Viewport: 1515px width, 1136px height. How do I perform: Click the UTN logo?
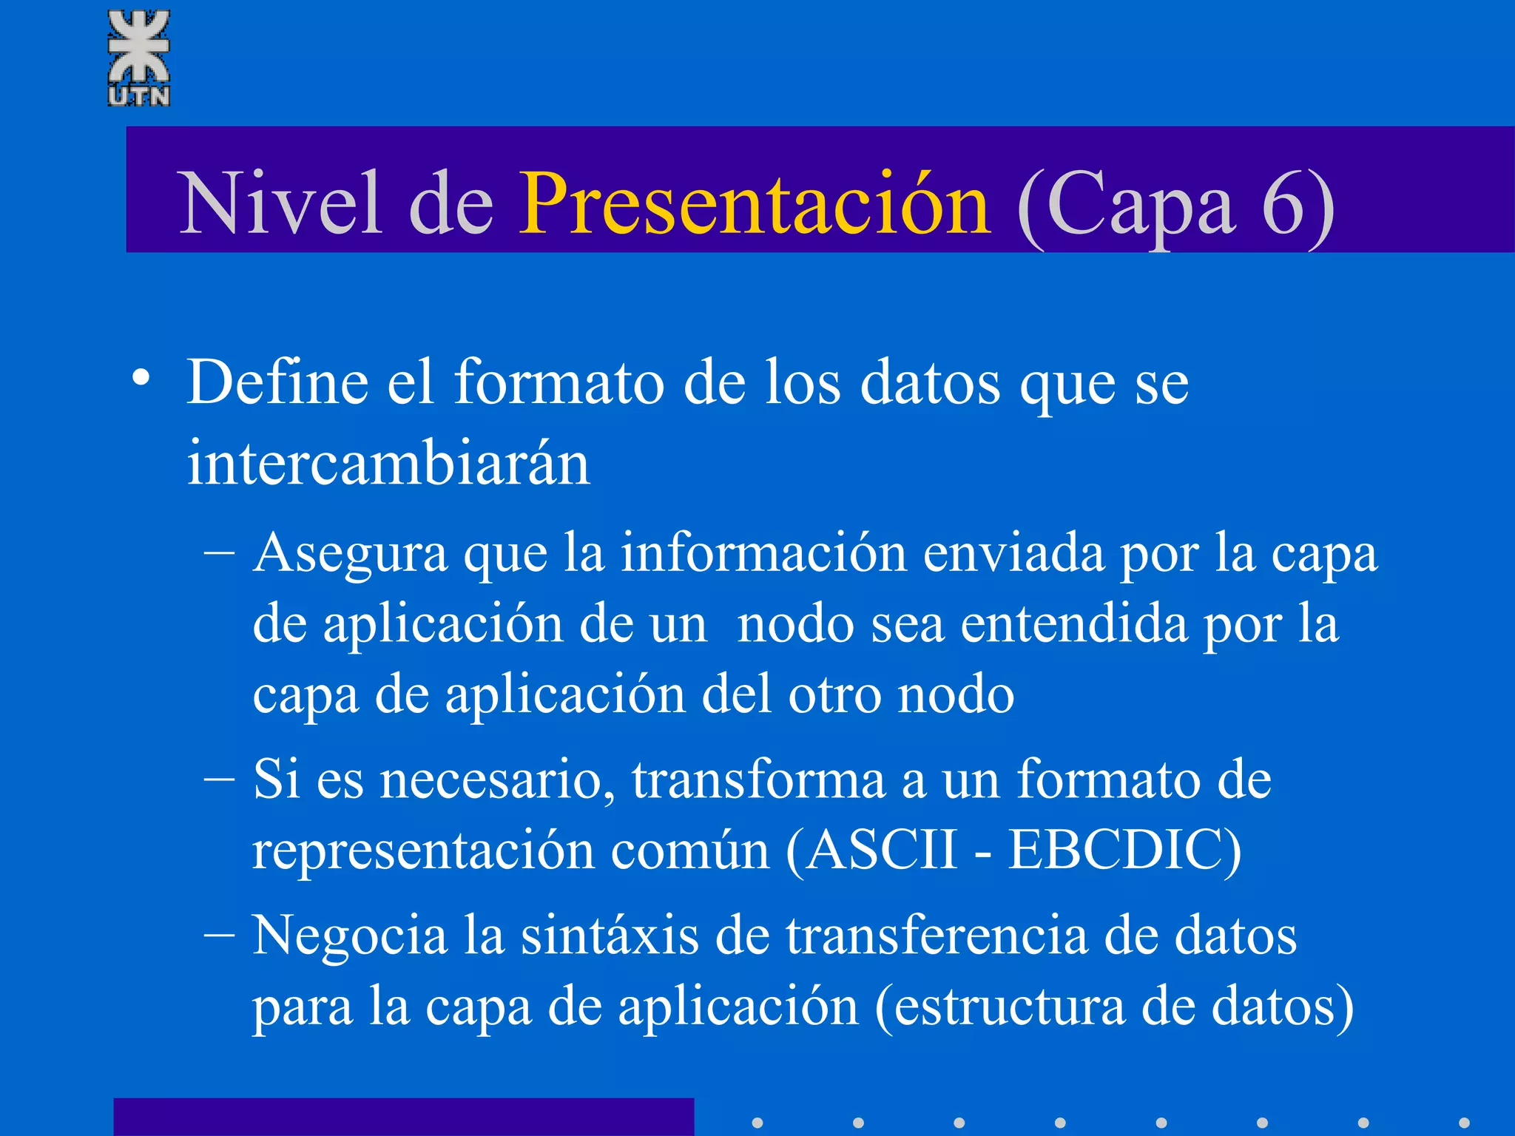139,58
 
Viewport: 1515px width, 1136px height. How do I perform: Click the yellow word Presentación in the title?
754,203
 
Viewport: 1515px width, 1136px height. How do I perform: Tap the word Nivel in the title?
280,203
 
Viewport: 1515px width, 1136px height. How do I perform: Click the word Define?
277,382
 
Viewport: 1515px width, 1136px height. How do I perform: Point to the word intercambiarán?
388,464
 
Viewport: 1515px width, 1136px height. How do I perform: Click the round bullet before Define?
141,379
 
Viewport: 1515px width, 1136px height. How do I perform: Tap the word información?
763,553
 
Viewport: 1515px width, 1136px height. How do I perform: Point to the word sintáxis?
610,936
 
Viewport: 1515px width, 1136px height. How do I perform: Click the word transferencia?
937,936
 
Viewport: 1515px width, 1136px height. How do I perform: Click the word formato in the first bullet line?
559,382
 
